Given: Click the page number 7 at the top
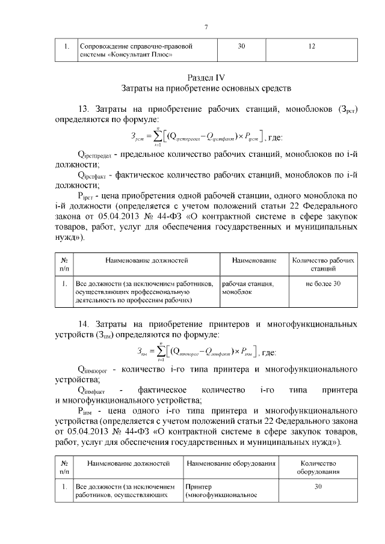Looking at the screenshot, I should coord(206,27).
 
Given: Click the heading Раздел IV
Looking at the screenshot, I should coord(206,77).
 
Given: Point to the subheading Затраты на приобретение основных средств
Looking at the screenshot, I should coord(206,88).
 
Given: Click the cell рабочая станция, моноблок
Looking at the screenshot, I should coord(248,287).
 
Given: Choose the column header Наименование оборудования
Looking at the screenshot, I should coord(231,464).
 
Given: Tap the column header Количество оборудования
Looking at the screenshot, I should coord(319,468).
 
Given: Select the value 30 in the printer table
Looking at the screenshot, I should coord(319,487).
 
